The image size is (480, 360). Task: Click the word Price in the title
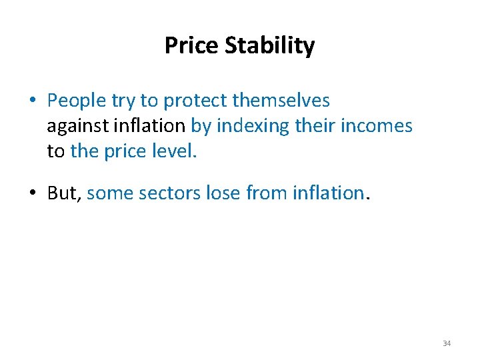191,46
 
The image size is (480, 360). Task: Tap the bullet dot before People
32,101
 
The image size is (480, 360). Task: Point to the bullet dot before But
32,194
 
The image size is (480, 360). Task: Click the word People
77,101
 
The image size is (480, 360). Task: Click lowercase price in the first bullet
127,151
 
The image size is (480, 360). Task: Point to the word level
175,151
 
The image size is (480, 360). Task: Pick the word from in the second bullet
267,193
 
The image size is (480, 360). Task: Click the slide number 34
447,343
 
